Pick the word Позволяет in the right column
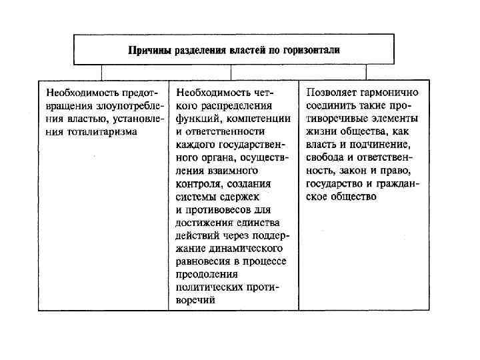[x=331, y=93]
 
